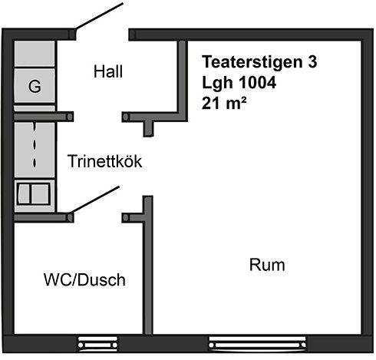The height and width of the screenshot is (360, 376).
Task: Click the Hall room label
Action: [x=108, y=71]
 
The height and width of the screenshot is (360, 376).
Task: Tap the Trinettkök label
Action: [x=105, y=161]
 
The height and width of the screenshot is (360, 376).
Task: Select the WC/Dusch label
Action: [x=84, y=279]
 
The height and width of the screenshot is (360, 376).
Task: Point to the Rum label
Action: [x=267, y=265]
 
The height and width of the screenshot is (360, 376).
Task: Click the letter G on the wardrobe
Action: [x=35, y=86]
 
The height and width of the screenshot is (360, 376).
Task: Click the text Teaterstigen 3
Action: [x=259, y=62]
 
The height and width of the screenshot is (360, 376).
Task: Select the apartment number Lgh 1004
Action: [x=239, y=83]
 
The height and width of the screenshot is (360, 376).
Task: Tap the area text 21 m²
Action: [x=224, y=103]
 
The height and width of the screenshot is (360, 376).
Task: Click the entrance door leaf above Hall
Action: [x=99, y=16]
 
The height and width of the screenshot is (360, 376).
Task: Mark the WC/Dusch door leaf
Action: [x=95, y=200]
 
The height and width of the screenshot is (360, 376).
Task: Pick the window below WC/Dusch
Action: [x=97, y=345]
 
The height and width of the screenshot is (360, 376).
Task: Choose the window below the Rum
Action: [x=258, y=345]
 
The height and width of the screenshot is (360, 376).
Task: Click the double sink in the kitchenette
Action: [x=33, y=193]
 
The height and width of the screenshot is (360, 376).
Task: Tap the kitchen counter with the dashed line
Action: [x=35, y=150]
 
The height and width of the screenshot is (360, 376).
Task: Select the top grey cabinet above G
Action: [x=35, y=54]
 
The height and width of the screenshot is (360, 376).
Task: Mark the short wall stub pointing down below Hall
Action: [x=148, y=129]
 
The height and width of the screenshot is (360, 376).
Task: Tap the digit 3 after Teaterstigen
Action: [x=312, y=62]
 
